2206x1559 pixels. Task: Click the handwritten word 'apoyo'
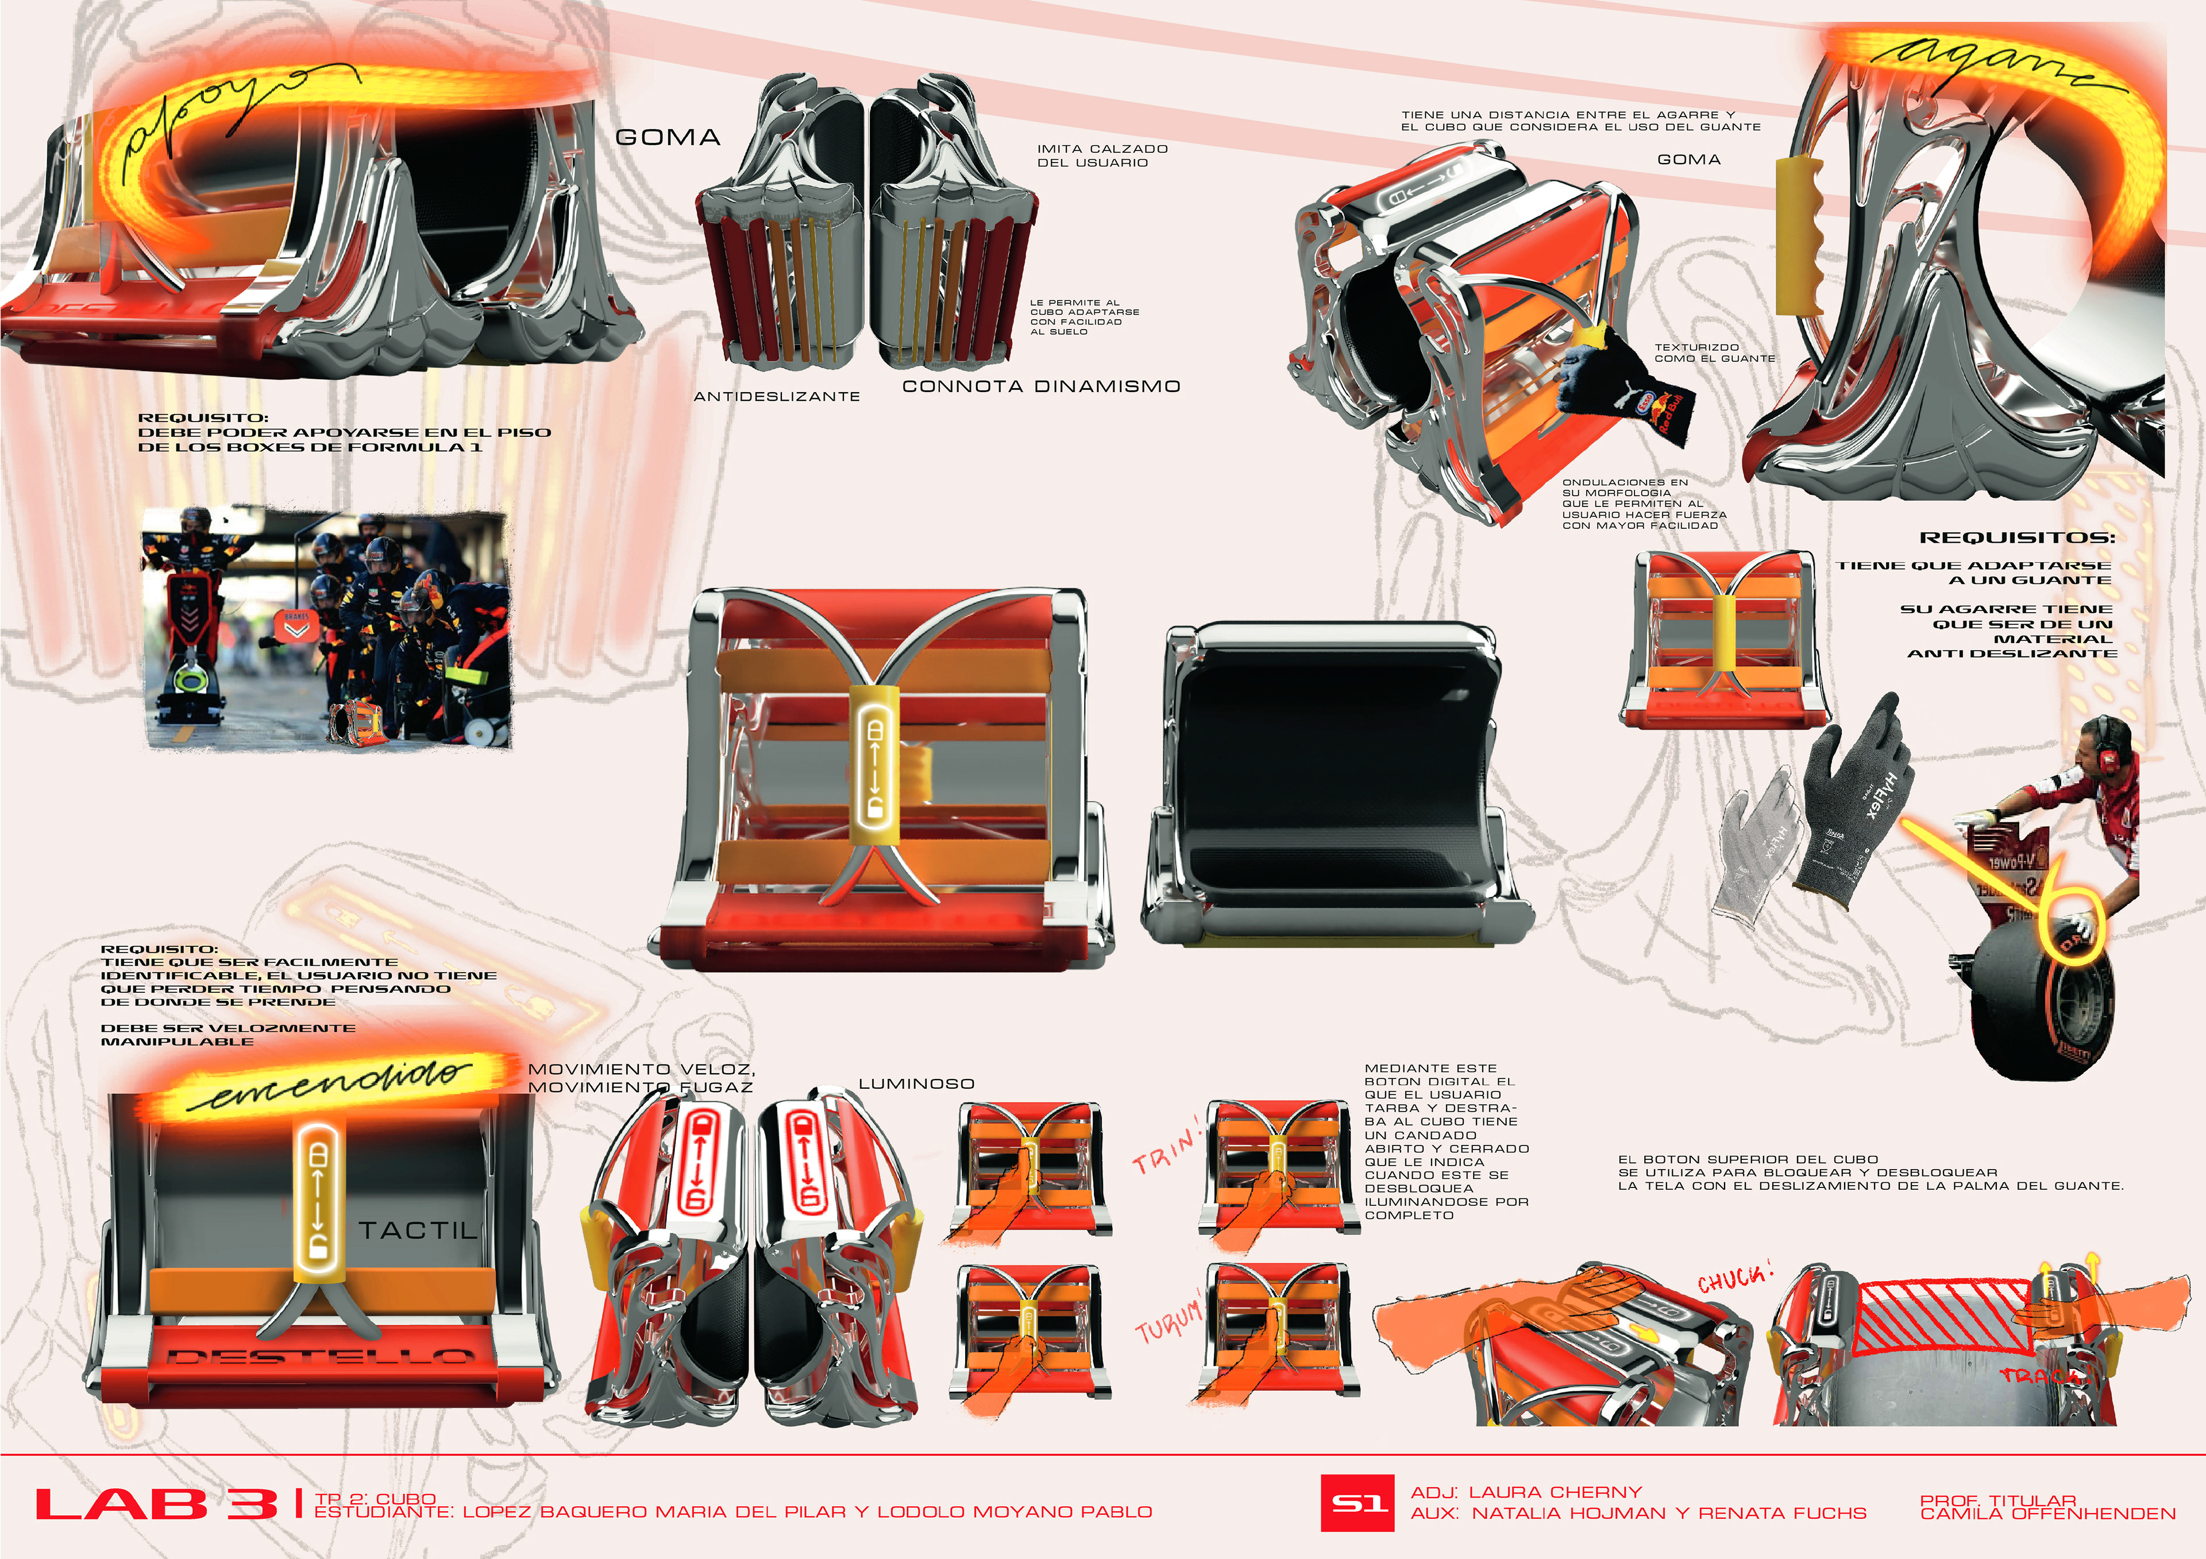click(230, 115)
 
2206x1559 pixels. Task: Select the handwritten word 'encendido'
click(331, 1084)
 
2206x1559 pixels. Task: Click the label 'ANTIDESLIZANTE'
click(776, 396)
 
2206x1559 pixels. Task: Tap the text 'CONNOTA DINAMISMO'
click(1040, 386)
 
